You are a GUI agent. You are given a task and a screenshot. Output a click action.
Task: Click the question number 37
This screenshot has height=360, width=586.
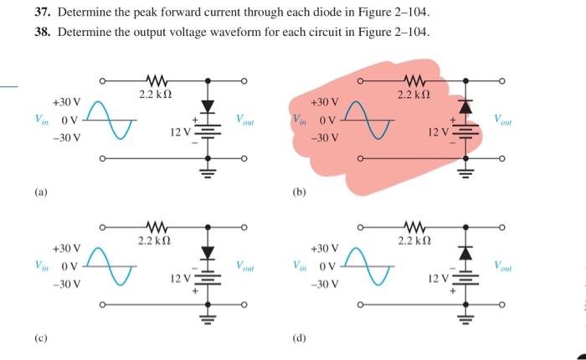[x=44, y=14]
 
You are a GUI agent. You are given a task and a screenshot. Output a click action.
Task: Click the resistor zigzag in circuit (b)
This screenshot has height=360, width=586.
[x=416, y=80]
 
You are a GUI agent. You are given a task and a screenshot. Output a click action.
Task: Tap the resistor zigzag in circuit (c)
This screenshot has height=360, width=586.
[x=155, y=226]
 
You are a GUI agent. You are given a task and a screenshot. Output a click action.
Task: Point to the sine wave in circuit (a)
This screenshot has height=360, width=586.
[x=108, y=120]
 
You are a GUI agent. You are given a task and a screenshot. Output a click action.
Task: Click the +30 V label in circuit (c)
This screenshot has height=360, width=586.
[x=66, y=249]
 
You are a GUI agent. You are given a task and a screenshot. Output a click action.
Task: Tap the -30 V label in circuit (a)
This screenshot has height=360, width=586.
[x=66, y=138]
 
